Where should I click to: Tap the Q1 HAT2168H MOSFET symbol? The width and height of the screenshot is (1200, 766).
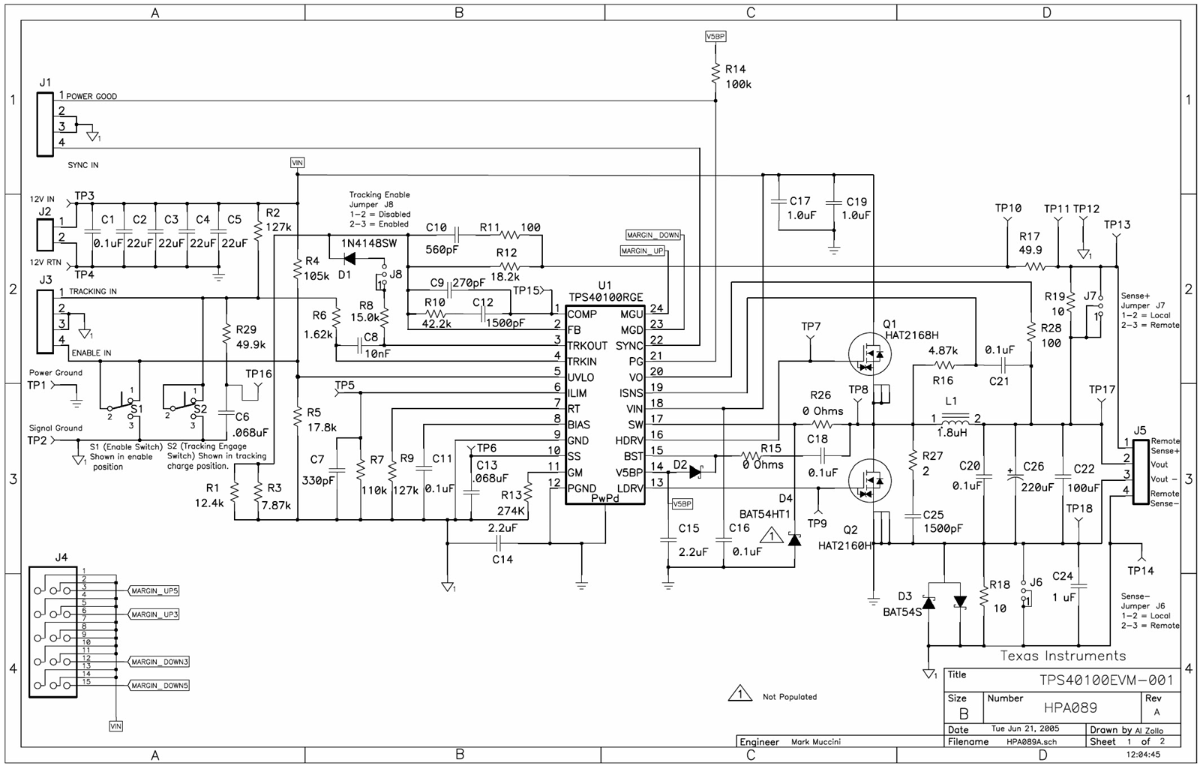[870, 353]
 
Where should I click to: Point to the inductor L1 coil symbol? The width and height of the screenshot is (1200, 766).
[955, 417]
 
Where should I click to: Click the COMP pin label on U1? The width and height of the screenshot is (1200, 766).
[582, 314]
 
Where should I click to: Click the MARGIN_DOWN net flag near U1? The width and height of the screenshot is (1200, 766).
[653, 235]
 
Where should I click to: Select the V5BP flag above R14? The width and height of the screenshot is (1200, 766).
[715, 36]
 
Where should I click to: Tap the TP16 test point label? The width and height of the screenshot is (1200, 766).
[259, 374]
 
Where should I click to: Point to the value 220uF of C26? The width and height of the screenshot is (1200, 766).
[1037, 486]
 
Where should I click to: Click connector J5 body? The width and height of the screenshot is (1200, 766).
[1140, 472]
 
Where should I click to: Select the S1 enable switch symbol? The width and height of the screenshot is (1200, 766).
[124, 405]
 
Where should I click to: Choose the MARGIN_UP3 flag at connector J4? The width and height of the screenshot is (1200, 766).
[154, 614]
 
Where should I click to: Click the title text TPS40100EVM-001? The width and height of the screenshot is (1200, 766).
[1105, 680]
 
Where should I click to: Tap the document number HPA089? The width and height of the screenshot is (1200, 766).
[1070, 707]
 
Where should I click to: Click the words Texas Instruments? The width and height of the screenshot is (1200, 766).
[1063, 656]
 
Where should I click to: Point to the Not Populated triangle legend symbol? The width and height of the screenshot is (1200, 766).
[739, 694]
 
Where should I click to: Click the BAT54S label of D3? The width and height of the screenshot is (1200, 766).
[902, 611]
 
